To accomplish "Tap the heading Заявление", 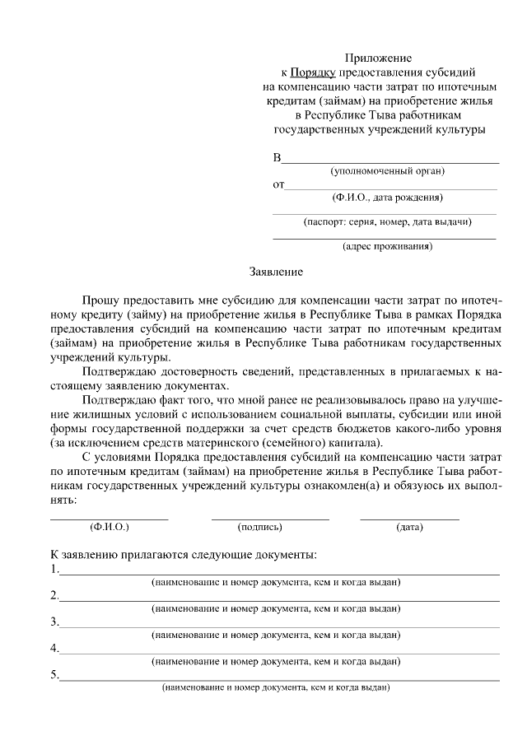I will pos(277,271).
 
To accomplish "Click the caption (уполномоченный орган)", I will pos(387,171).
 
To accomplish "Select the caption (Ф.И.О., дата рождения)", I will pos(387,198).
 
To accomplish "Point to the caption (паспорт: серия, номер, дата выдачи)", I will pos(387,222).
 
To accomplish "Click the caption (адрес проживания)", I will pos(387,246).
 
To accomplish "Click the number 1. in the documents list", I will pos(54,569).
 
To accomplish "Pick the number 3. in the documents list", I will pos(54,622).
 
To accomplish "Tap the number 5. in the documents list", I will pos(54,676).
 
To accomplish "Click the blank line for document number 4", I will pos(280,654).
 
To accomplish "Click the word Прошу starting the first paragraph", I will pos(100,302).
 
